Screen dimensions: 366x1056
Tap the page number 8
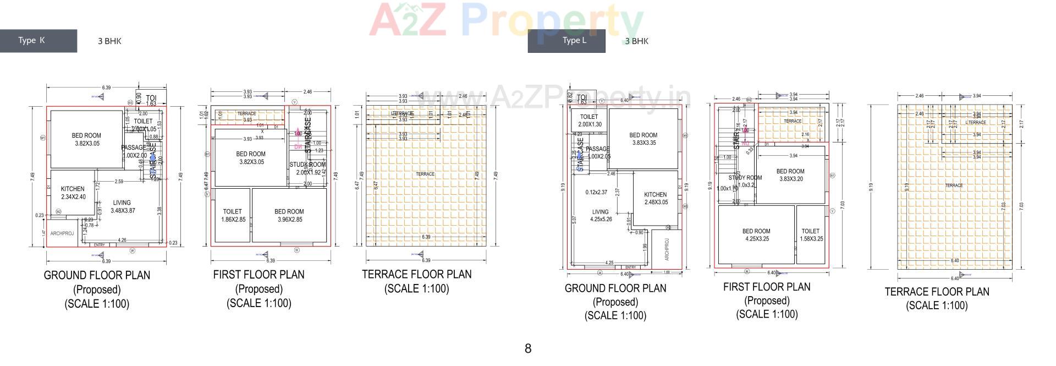(528, 348)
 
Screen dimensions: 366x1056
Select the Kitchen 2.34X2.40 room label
(73, 193)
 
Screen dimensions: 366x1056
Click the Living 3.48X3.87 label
(123, 206)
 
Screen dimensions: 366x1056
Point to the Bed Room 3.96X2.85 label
(289, 215)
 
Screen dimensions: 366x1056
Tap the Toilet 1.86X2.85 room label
(232, 215)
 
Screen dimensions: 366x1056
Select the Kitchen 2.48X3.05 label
(655, 198)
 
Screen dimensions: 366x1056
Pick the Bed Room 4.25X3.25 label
(756, 235)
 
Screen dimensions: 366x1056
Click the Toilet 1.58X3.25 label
(811, 235)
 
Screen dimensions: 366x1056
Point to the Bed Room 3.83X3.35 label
(643, 139)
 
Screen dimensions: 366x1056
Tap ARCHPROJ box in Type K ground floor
(62, 234)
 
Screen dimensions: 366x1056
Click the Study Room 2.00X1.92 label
(307, 168)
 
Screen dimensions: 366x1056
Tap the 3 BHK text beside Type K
(109, 41)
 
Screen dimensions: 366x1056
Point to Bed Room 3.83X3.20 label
(790, 175)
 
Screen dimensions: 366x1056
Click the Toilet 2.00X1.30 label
(589, 121)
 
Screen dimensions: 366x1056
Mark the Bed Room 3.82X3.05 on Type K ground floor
(86, 139)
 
